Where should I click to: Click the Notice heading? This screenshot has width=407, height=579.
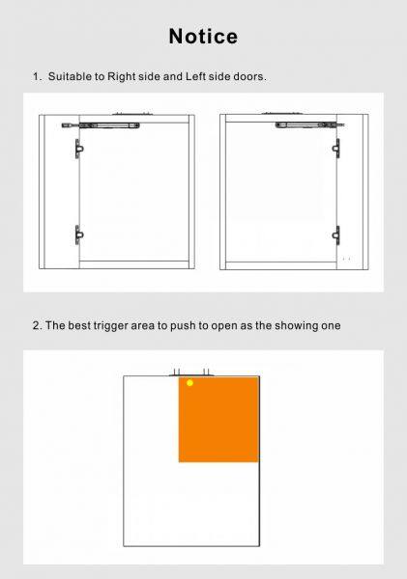[203, 37]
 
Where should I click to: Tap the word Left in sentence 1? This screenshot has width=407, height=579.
[195, 76]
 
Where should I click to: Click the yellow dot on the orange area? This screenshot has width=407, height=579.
[189, 383]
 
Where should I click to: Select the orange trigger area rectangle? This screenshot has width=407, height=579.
[218, 420]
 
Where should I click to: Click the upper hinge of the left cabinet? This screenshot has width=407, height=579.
[79, 149]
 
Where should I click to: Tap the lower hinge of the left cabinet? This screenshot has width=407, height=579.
[79, 234]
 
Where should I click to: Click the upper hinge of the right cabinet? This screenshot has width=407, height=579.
[336, 149]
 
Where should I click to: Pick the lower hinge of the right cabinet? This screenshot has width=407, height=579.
[336, 234]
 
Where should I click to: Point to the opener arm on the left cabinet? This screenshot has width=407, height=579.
[101, 125]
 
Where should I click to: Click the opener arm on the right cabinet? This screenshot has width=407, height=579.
[309, 124]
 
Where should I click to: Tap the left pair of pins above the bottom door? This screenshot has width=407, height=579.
[177, 372]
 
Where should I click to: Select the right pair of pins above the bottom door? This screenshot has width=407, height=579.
[206, 372]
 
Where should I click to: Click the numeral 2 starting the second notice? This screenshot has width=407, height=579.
[36, 326]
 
